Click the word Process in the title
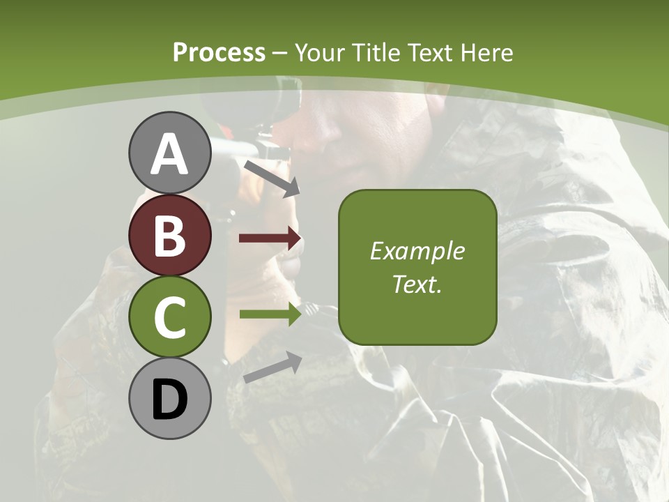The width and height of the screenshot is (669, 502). [x=219, y=52]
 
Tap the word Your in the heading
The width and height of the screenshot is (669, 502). [x=321, y=52]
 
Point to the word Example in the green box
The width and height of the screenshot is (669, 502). [x=417, y=251]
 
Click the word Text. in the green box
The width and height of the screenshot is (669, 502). [x=417, y=284]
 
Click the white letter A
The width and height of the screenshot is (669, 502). [x=169, y=153]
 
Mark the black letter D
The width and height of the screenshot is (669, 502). [x=169, y=400]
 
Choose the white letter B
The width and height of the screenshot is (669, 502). [x=169, y=236]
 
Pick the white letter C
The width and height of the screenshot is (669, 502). [x=169, y=317]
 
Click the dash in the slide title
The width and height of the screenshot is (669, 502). [x=280, y=53]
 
